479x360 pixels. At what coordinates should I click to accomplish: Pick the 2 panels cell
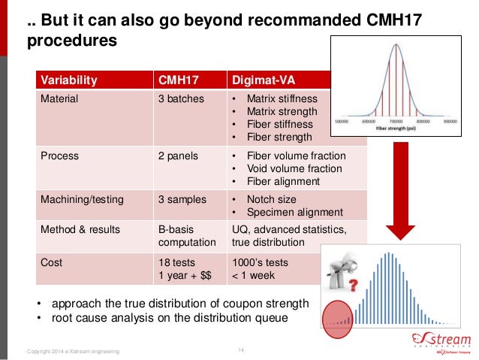(x=179, y=156)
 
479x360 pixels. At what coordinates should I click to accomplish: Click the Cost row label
(x=52, y=263)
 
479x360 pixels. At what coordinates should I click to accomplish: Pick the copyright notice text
(x=72, y=352)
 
